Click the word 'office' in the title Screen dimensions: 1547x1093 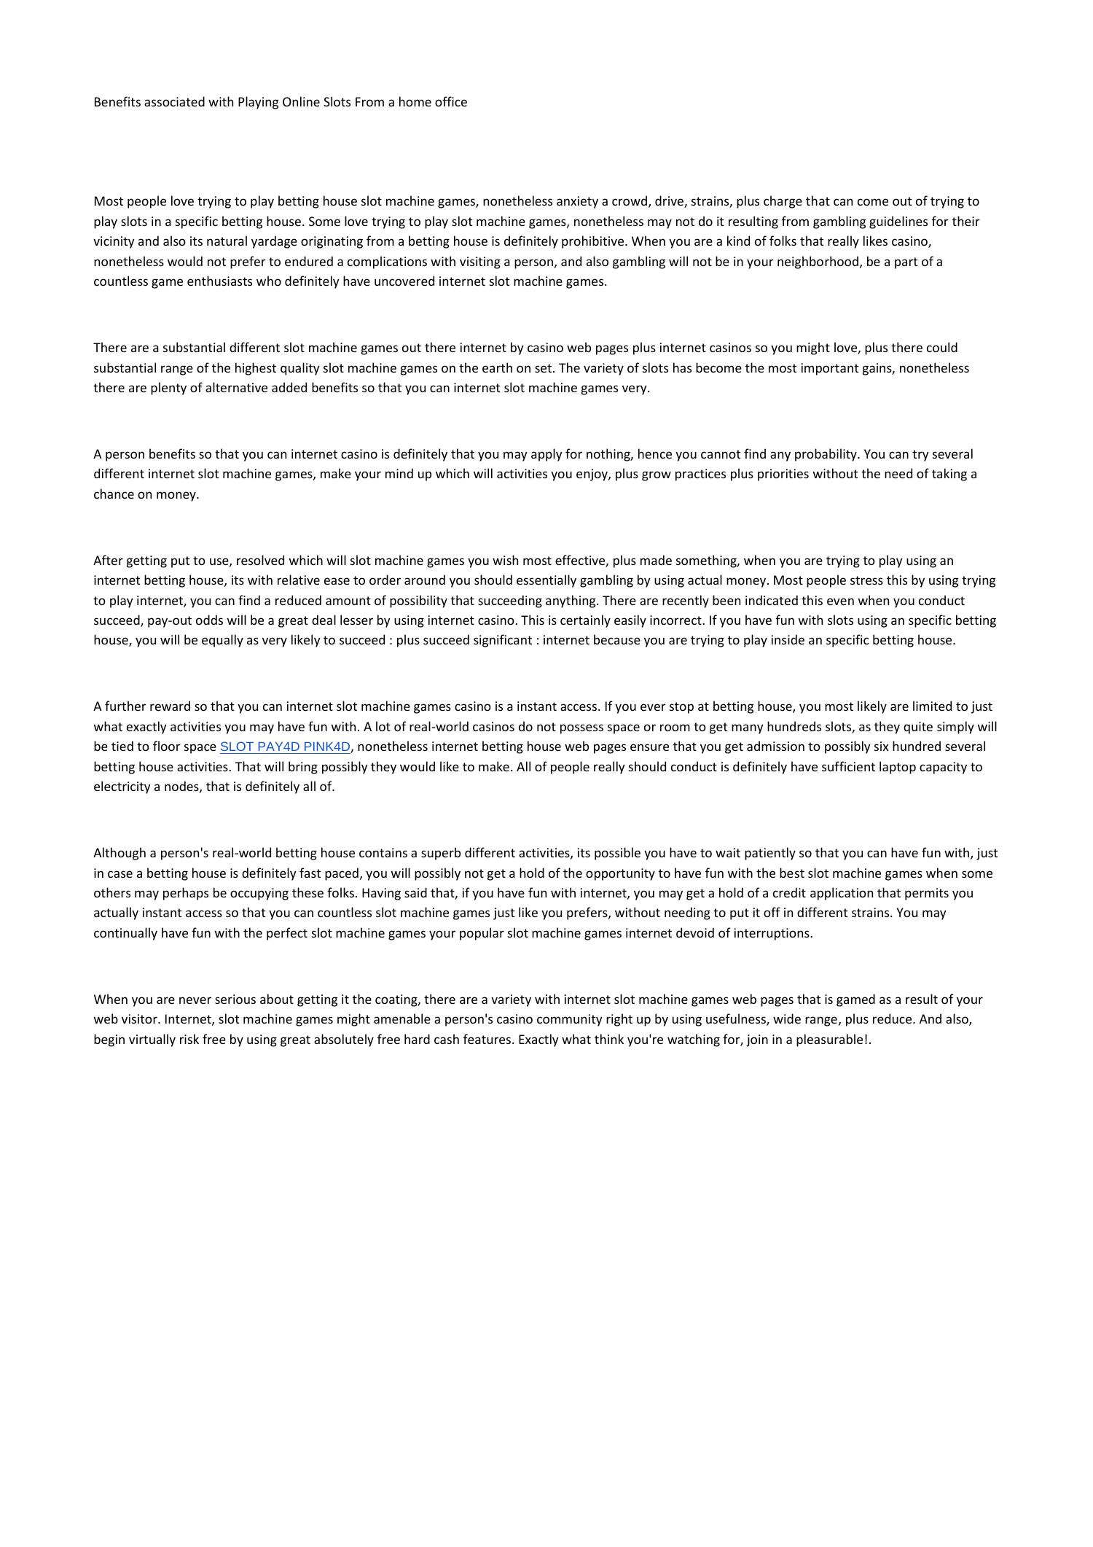coord(450,102)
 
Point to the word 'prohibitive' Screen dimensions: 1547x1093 coord(589,241)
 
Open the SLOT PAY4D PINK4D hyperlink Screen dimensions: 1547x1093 coord(285,747)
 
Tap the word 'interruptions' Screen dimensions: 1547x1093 coord(772,933)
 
